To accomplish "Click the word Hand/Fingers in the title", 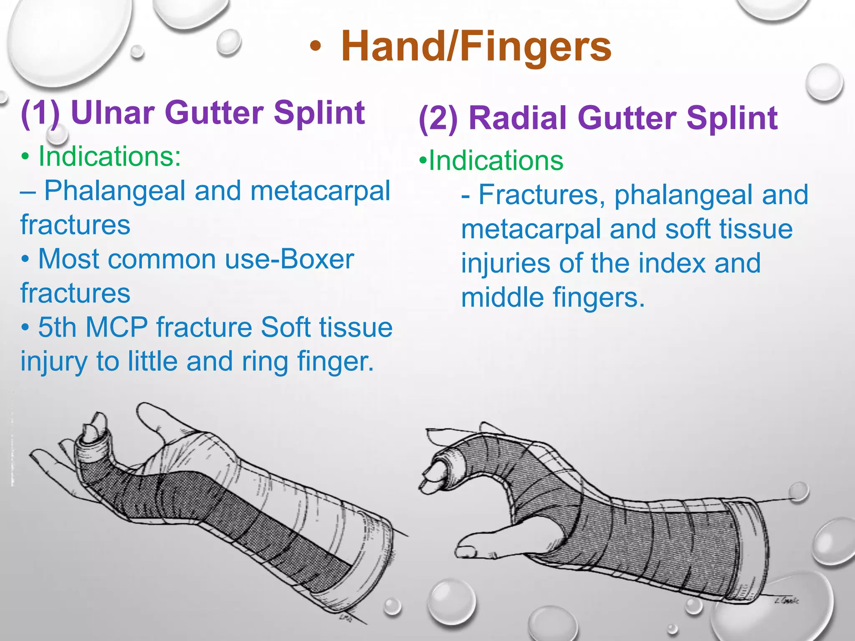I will point(476,47).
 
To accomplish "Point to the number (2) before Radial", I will point(438,119).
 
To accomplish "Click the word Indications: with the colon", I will point(110,156).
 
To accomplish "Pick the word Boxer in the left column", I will point(317,259).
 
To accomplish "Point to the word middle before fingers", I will point(503,298).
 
